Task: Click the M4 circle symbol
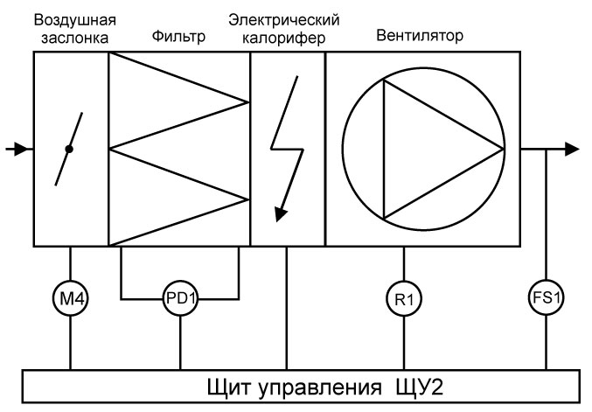click(x=70, y=298)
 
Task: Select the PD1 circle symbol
click(x=180, y=298)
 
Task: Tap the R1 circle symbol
click(x=403, y=298)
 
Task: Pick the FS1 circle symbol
click(x=547, y=298)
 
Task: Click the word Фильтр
click(x=178, y=38)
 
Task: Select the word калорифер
click(x=284, y=38)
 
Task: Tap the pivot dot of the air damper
click(x=69, y=149)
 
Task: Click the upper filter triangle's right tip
click(x=247, y=102)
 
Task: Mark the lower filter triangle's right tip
click(x=247, y=197)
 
